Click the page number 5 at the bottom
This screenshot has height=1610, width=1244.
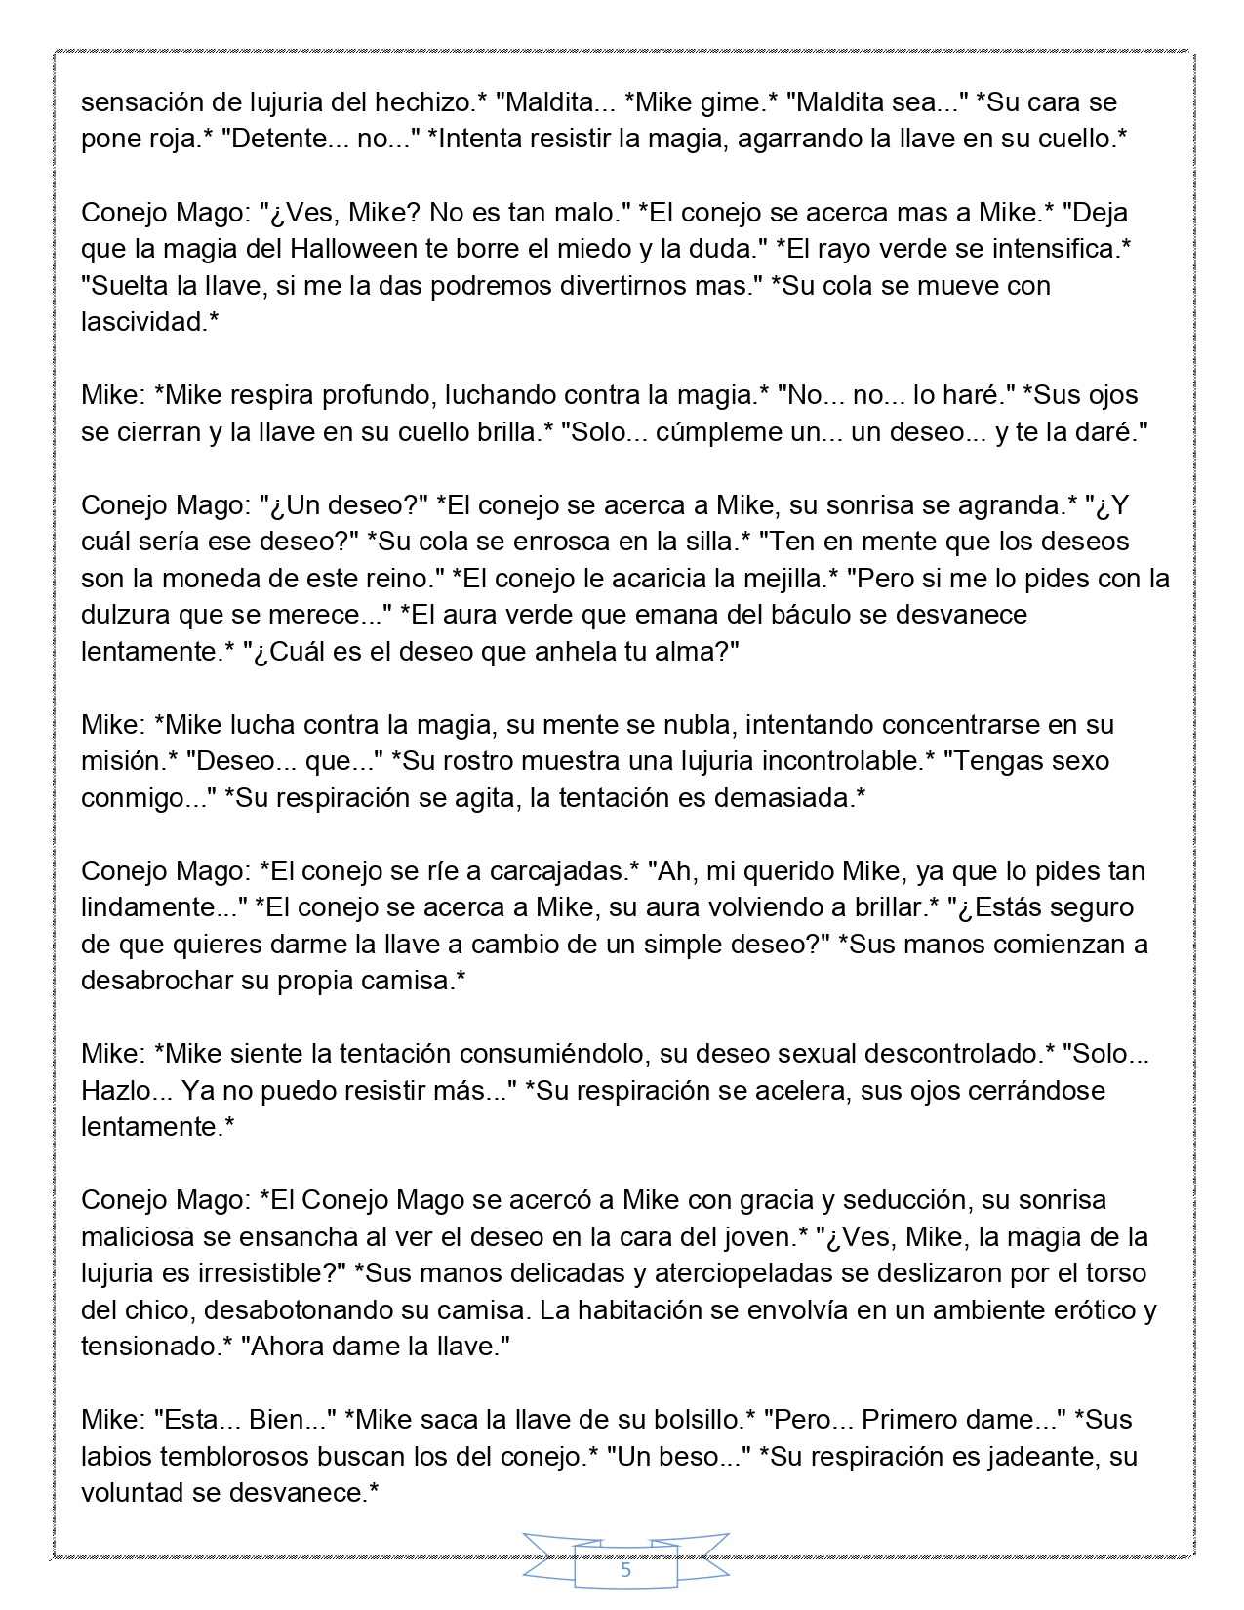click(x=625, y=1571)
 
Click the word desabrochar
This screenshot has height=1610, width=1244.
click(x=157, y=981)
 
